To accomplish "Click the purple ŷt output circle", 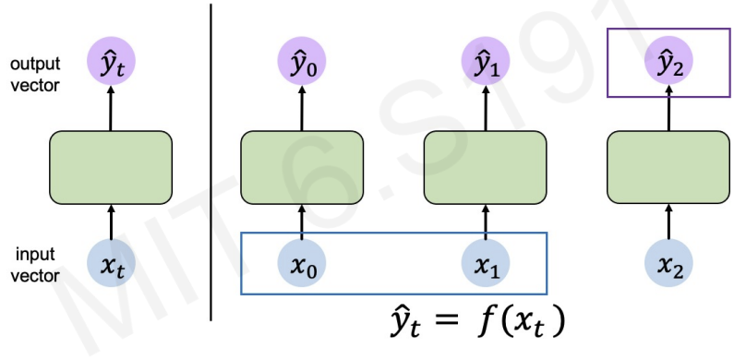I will click(111, 65).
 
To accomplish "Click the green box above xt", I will click(111, 166).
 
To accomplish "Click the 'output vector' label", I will click(35, 74).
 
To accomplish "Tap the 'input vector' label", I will click(35, 262).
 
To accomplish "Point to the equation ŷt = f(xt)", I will click(475, 325).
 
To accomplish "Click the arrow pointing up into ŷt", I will click(111, 109).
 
